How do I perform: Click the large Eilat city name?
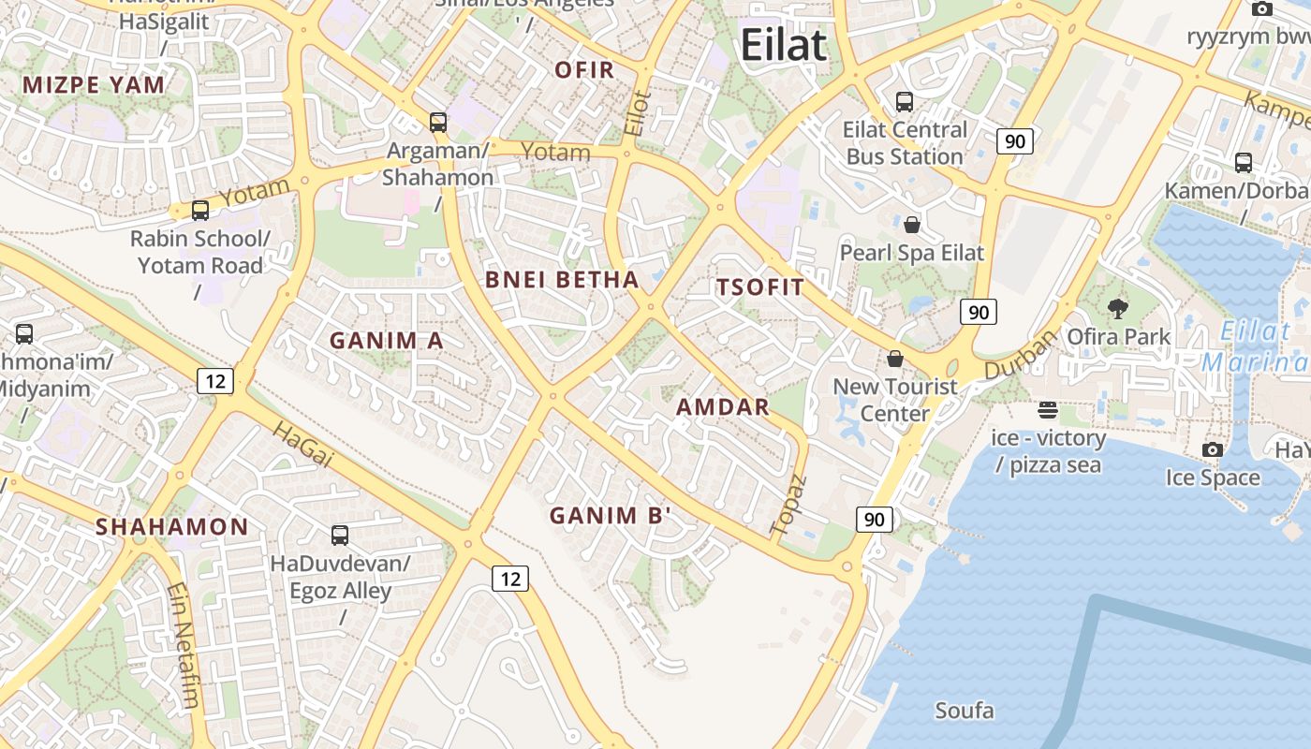784,45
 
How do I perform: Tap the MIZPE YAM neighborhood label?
94,85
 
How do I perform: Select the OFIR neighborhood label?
584,69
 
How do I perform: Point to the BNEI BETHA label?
562,279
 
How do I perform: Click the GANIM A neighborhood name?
386,341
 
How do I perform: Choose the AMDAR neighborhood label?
723,406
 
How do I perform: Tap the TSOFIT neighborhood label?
760,287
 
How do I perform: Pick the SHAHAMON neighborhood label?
172,526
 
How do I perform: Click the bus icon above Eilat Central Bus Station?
905,102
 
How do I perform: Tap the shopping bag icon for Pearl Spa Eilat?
912,225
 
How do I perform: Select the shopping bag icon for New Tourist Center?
895,359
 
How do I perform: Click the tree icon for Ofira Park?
1117,308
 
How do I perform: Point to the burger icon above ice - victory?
1048,410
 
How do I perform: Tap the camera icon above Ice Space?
1213,450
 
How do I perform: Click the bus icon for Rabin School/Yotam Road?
200,211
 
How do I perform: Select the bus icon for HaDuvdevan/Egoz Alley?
340,536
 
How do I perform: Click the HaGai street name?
302,445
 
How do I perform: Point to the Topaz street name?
788,506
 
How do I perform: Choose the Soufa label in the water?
965,711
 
